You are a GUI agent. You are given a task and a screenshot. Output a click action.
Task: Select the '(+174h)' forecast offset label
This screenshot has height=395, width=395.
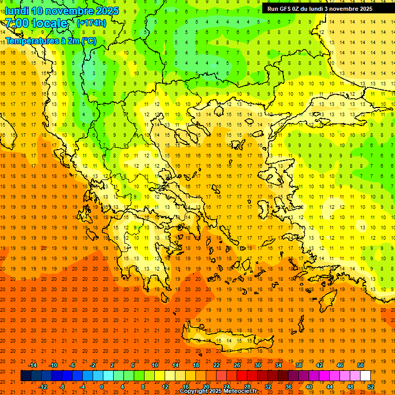(91, 23)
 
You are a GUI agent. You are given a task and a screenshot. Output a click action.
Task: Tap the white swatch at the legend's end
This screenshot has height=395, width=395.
(365, 376)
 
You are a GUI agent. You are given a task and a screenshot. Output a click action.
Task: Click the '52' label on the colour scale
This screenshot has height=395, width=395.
(371, 386)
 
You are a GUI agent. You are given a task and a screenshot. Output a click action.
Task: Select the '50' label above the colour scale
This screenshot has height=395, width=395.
(361, 365)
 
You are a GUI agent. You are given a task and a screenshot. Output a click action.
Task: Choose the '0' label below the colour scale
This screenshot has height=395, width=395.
(102, 386)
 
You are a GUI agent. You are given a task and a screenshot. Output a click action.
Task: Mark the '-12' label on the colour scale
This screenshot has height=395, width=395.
(43, 386)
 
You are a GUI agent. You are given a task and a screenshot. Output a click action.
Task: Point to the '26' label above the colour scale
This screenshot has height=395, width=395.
(237, 365)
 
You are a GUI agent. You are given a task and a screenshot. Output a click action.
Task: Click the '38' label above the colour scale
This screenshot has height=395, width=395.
(299, 365)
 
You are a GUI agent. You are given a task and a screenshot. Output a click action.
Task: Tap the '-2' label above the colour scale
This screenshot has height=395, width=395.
(93, 365)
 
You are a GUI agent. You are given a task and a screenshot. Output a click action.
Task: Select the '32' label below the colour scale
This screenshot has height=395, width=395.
(268, 386)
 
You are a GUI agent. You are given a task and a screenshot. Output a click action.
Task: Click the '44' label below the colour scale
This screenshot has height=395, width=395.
(330, 386)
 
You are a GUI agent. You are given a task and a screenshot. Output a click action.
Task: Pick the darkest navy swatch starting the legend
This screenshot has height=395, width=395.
(26, 376)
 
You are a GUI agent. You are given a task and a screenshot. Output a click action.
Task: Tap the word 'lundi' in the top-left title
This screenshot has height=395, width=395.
(16, 11)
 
